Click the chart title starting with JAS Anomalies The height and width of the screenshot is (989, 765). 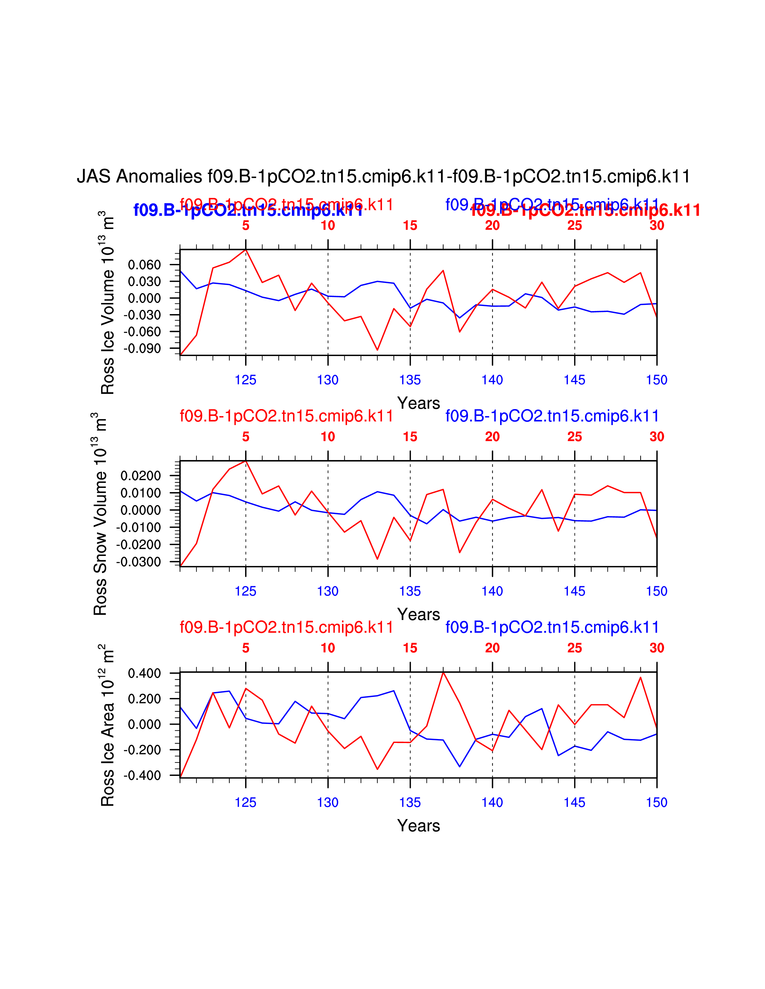[383, 176]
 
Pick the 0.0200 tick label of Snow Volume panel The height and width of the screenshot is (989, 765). [140, 476]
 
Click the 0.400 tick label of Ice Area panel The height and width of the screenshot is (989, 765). [144, 673]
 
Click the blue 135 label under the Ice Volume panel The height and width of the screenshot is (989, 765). [410, 380]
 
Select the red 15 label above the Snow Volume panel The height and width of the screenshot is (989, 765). [410, 437]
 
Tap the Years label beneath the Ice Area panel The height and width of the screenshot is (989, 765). [418, 826]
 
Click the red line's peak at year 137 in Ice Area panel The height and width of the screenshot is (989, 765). [443, 673]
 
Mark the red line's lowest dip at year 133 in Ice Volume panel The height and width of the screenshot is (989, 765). [377, 349]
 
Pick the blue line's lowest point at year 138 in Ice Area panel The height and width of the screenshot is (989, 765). [460, 767]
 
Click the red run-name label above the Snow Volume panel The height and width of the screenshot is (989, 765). [286, 416]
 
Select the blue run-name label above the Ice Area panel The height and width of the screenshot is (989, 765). [552, 627]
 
